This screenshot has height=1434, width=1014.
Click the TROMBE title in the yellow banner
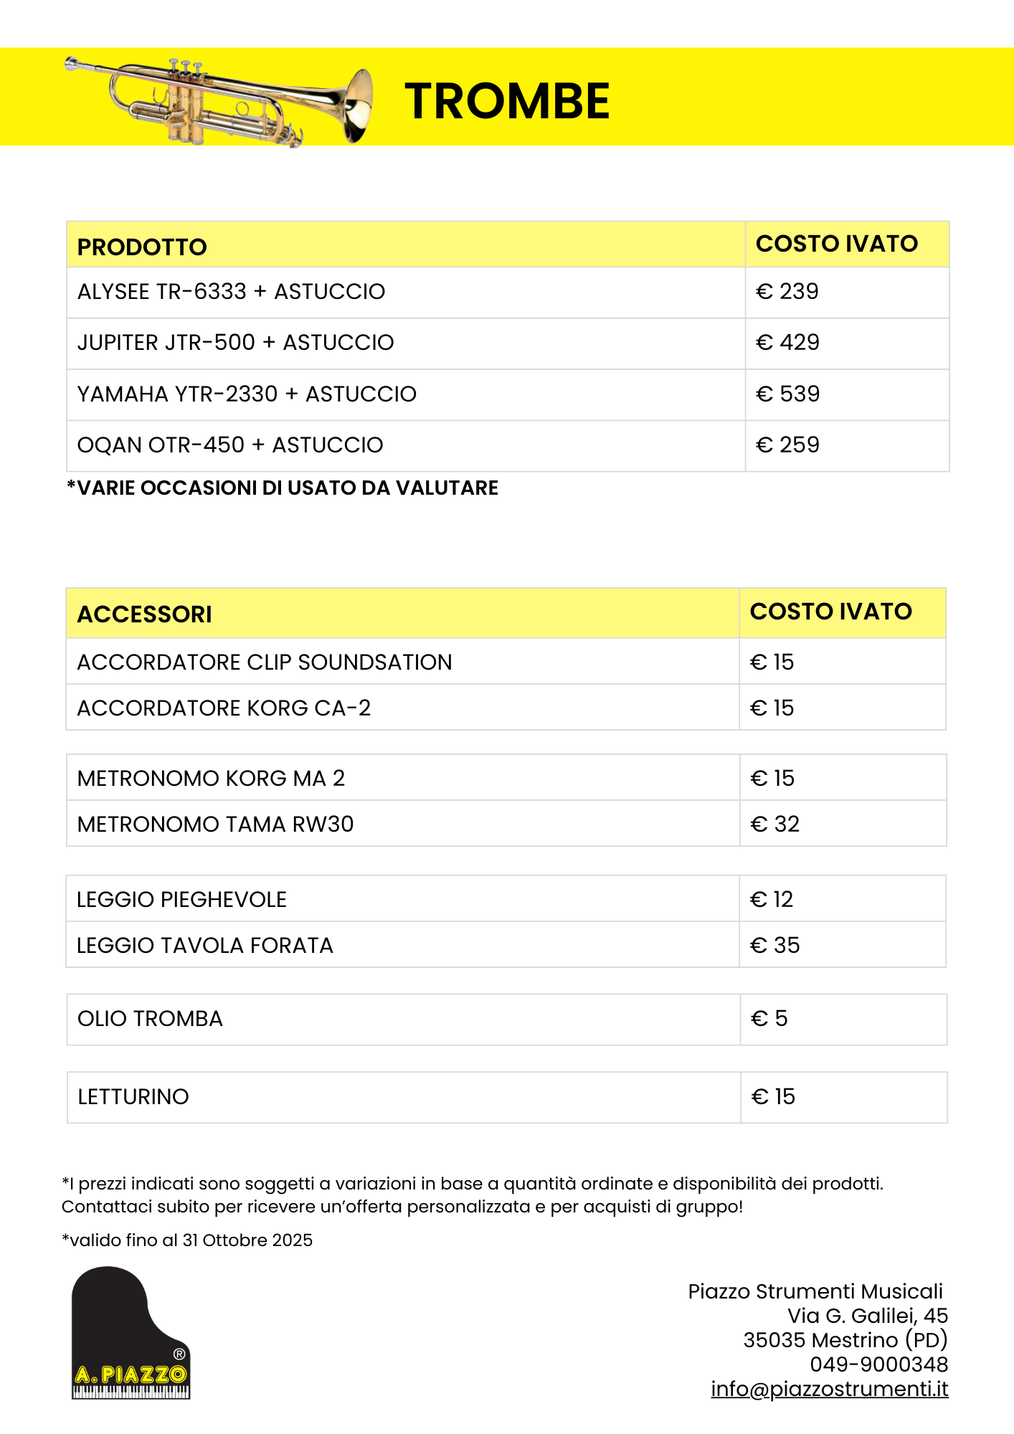pyautogui.click(x=507, y=100)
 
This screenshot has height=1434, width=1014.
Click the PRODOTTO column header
pyautogui.click(x=142, y=247)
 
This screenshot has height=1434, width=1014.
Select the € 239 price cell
pyautogui.click(x=787, y=292)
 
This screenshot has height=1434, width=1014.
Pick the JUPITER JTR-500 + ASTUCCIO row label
pyautogui.click(x=235, y=343)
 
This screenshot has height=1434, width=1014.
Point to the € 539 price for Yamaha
pyautogui.click(x=787, y=394)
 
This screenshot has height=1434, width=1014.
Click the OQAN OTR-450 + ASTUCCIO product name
pyautogui.click(x=230, y=445)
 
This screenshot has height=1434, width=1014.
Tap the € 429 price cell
pyautogui.click(x=787, y=343)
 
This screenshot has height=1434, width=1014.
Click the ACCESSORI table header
pyautogui.click(x=144, y=614)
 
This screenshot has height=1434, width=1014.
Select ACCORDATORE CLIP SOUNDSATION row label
pyautogui.click(x=265, y=663)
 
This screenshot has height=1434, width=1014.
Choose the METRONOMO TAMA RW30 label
pyautogui.click(x=215, y=825)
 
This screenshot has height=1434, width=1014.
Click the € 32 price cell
pyautogui.click(x=774, y=825)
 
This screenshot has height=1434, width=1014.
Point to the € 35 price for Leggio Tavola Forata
pyautogui.click(x=774, y=946)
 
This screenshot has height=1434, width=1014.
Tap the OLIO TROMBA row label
pyautogui.click(x=150, y=1019)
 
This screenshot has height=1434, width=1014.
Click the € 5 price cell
pyautogui.click(x=769, y=1019)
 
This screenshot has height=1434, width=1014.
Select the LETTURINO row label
pyautogui.click(x=133, y=1097)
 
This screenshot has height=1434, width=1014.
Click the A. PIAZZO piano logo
pyautogui.click(x=131, y=1334)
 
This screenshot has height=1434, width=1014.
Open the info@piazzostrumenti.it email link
pyautogui.click(x=830, y=1389)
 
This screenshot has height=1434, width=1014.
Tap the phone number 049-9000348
pyautogui.click(x=878, y=1364)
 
